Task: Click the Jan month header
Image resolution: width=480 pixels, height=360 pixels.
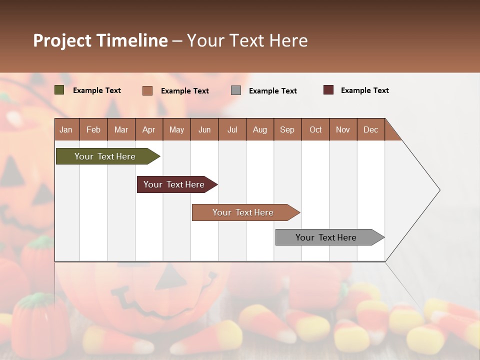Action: [x=66, y=129]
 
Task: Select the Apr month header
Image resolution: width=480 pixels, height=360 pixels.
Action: [x=149, y=129]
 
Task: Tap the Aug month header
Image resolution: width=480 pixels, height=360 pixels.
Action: [x=260, y=129]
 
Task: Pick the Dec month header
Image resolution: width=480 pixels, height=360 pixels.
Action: [x=371, y=129]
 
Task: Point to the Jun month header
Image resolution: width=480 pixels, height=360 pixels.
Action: [x=204, y=129]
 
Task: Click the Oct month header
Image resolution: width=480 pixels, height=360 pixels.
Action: [x=315, y=129]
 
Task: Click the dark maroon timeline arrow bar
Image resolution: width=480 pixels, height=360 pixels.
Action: [x=175, y=184]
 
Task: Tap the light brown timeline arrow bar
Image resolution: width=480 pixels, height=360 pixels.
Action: [x=244, y=212]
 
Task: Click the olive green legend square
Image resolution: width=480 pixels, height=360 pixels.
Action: [x=59, y=90]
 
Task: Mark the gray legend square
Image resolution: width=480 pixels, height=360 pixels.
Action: [x=236, y=90]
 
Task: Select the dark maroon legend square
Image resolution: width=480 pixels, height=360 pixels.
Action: [x=328, y=90]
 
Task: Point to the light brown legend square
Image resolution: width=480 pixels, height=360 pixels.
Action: [x=147, y=90]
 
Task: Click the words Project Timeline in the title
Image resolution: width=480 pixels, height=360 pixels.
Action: [x=100, y=40]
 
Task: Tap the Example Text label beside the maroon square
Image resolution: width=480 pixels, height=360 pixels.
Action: [x=364, y=90]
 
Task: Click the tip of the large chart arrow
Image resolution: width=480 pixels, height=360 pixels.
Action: [x=438, y=190]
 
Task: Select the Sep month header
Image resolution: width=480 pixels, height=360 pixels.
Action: [x=287, y=129]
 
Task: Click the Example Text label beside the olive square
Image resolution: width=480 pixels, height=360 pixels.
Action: [x=97, y=90]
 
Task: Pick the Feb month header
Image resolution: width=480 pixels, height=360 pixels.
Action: [x=93, y=129]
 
